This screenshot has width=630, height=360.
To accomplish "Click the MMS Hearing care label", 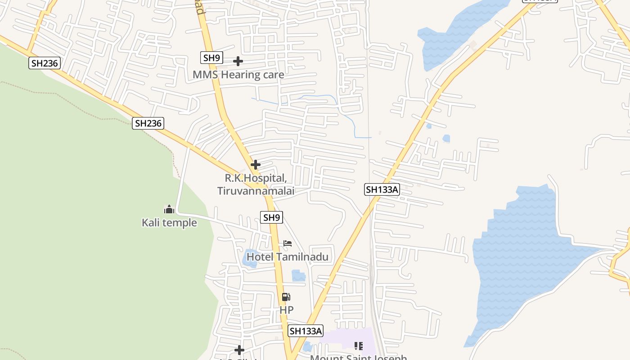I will pos(238,75).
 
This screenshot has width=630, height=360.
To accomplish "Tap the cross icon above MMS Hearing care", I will pos(238,61).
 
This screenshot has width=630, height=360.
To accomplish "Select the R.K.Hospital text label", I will pos(256,178).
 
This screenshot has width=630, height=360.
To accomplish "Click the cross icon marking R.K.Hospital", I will pos(256,165).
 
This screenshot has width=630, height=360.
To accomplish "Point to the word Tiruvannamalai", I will pos(256,191).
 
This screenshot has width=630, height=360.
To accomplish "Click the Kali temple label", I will pos(169,223).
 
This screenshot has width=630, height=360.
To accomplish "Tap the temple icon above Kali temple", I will pos(169,209).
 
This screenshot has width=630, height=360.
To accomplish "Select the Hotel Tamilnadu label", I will pos(288,257).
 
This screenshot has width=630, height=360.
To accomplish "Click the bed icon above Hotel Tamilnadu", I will pos(288,244).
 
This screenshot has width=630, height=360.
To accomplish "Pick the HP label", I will pos(286,310).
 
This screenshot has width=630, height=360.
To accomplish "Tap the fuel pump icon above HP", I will pos(286,297).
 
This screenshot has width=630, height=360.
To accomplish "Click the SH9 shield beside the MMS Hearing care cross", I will pos(211,58).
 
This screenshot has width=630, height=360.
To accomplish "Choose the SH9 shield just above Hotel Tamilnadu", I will pos(271,218).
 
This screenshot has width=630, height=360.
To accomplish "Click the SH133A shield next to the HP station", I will pos(306,331).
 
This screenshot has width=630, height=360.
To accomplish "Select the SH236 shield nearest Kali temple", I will pos(148,123).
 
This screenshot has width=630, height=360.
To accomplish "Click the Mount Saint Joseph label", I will pos(359,358).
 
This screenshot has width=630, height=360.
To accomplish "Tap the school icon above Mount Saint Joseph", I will pos(359,346).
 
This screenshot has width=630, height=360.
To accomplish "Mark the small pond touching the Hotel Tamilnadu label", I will pos(250,259).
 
